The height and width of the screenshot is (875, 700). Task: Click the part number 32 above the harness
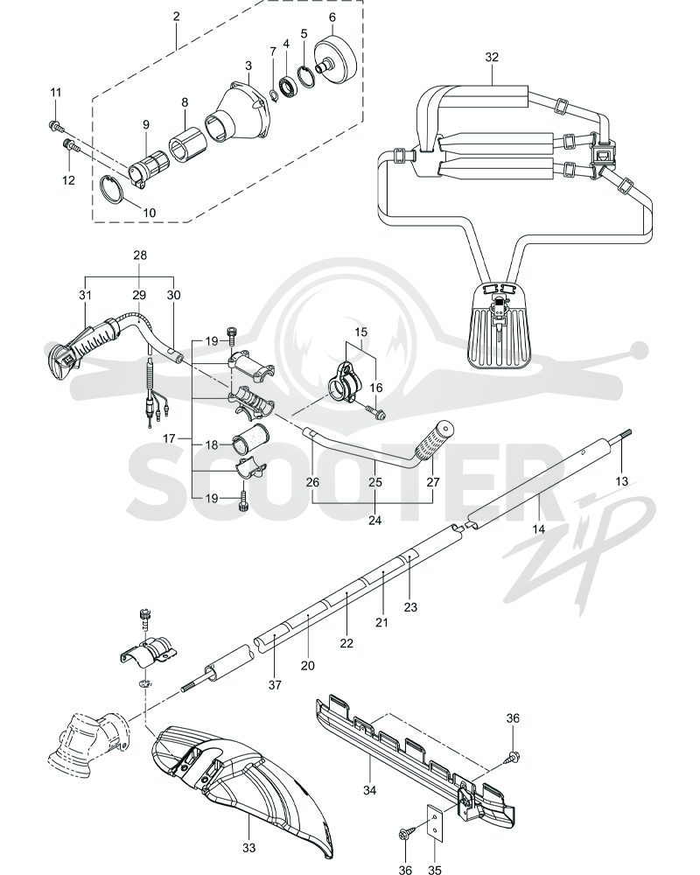click(492, 57)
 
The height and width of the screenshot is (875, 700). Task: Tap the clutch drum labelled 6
click(336, 58)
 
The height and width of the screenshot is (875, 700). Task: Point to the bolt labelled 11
click(54, 125)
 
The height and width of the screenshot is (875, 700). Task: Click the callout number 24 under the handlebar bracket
click(375, 521)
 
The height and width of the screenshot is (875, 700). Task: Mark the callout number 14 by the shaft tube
click(538, 528)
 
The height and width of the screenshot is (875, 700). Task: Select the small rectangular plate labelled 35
click(434, 821)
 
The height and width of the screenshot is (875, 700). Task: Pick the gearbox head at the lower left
click(90, 744)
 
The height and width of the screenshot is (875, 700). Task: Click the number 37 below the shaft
click(275, 684)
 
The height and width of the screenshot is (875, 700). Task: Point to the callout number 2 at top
click(177, 17)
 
